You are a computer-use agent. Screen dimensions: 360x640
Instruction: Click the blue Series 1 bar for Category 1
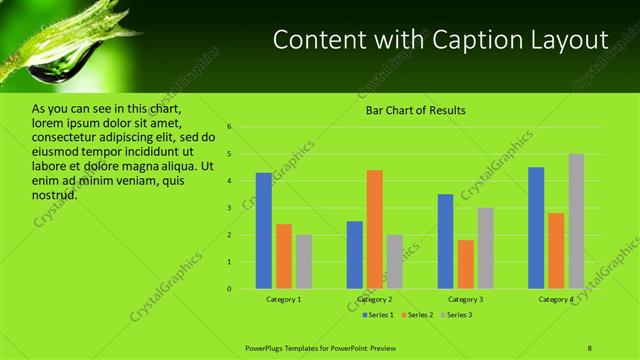click(x=263, y=231)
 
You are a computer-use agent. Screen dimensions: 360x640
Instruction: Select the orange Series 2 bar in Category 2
click(x=374, y=229)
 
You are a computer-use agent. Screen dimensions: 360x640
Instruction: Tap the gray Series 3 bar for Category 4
click(x=576, y=221)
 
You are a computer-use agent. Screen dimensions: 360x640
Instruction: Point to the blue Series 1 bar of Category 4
click(x=536, y=228)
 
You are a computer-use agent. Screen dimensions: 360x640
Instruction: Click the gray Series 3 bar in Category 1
click(x=304, y=262)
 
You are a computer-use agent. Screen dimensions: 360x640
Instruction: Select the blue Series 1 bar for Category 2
click(x=354, y=255)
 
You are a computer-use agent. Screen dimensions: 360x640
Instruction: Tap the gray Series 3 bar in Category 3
click(x=485, y=248)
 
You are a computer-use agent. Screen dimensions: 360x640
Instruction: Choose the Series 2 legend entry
click(x=418, y=315)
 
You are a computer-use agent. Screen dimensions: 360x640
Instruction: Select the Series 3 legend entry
click(x=456, y=315)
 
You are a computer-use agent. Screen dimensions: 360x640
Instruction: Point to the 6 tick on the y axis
click(x=229, y=127)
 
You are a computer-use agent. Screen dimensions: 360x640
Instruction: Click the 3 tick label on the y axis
click(x=229, y=208)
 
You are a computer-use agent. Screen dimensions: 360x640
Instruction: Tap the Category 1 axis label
click(x=283, y=300)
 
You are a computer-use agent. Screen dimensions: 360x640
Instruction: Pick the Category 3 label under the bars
click(x=465, y=300)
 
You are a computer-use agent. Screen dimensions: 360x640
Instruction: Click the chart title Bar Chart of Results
click(x=415, y=110)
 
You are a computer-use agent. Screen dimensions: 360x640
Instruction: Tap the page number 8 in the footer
click(x=590, y=347)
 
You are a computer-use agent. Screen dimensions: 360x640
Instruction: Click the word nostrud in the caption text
click(x=55, y=194)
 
